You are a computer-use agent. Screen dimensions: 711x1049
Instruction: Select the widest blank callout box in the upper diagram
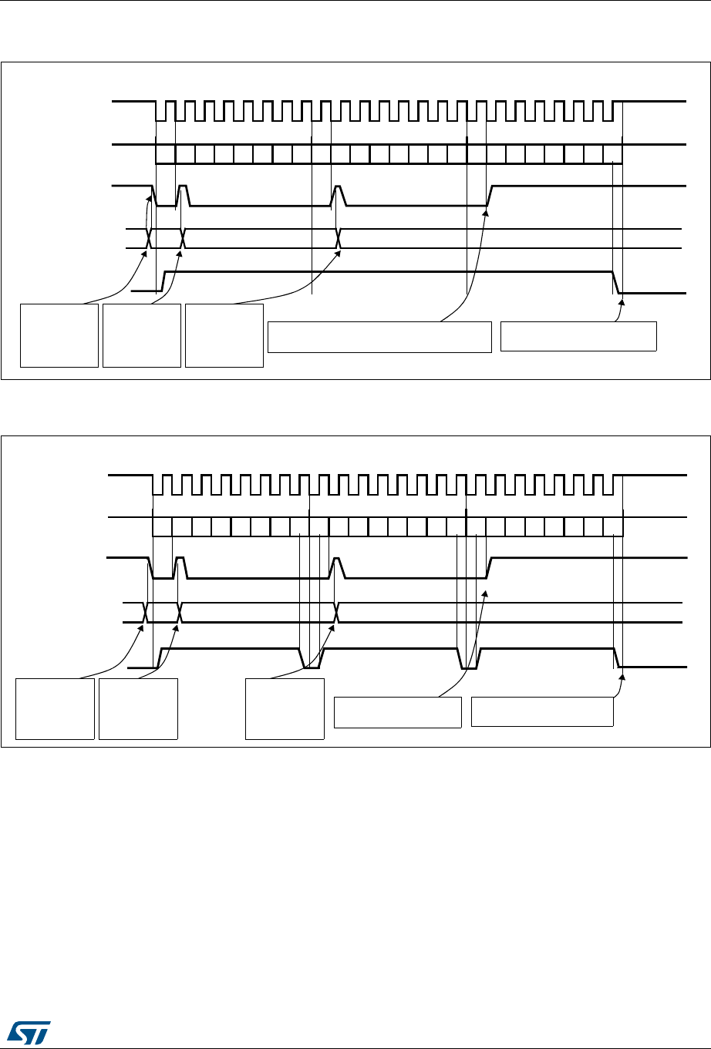point(379,337)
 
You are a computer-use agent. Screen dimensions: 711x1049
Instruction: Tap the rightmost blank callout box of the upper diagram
point(578,337)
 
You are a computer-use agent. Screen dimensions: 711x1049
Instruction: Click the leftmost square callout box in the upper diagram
point(59,335)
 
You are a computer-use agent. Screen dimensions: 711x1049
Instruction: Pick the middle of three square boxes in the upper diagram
point(142,335)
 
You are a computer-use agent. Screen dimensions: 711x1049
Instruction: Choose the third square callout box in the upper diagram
point(224,335)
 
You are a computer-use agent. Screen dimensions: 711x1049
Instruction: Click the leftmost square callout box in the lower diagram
point(56,709)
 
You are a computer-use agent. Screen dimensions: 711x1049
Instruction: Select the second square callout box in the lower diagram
point(138,709)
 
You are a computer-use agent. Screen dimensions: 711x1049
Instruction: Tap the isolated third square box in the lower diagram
point(285,709)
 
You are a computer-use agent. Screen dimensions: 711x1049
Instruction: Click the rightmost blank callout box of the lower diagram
point(542,711)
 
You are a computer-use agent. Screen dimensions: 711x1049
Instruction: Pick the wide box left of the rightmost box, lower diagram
point(397,712)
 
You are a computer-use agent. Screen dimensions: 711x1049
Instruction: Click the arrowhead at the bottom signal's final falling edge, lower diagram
point(622,675)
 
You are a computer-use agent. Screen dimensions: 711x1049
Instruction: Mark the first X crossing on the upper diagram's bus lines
point(149,239)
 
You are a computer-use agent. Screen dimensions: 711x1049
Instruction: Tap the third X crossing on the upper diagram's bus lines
point(339,239)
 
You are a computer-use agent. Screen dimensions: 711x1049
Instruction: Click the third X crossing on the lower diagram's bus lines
point(337,612)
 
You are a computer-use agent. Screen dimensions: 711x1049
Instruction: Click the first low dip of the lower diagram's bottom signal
point(311,665)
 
